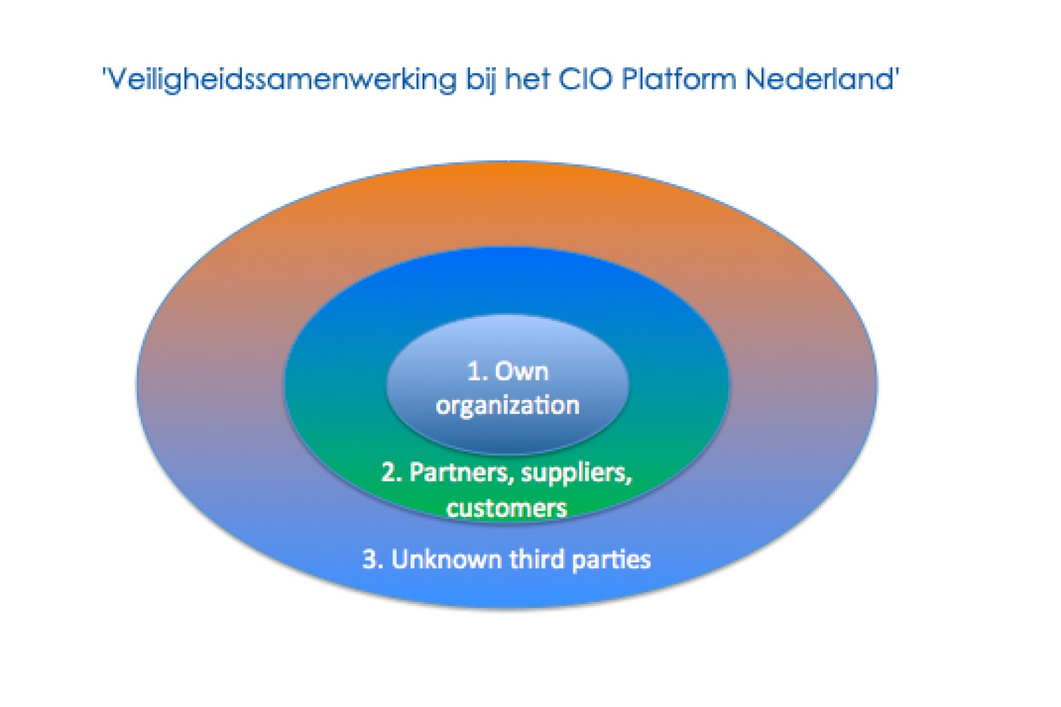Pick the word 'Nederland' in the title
(x=819, y=80)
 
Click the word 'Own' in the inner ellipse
(x=522, y=371)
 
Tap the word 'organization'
(x=507, y=405)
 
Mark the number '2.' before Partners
(x=392, y=472)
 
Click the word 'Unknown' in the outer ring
(x=446, y=559)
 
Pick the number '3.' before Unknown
(x=373, y=559)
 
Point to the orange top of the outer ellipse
(x=507, y=196)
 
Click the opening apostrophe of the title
(x=105, y=71)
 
